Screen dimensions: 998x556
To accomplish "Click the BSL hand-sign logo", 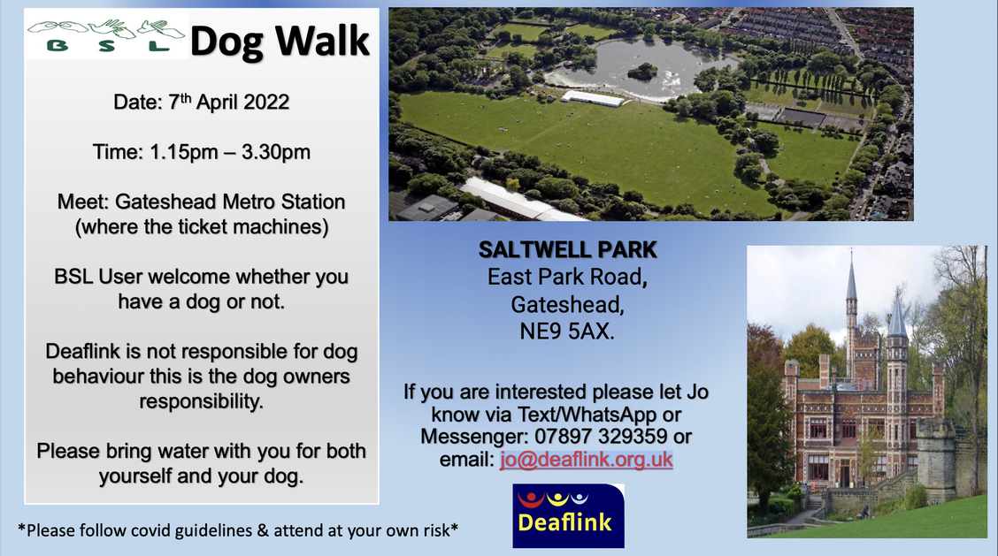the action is [105, 36].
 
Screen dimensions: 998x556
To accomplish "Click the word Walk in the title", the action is [322, 41].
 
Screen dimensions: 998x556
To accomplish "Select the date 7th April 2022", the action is [229, 102].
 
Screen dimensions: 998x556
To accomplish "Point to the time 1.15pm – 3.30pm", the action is [230, 152].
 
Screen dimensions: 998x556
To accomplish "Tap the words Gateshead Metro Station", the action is [230, 202].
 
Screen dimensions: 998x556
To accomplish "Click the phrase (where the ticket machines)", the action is [202, 227].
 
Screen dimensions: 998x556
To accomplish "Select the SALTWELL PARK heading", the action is [568, 250].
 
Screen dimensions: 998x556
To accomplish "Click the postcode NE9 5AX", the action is [567, 331].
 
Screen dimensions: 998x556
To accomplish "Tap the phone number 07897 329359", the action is [601, 437].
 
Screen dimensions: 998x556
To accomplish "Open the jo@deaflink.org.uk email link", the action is [587, 460].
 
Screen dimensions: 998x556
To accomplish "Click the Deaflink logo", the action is [568, 516].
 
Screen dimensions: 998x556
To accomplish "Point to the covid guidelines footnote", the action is [238, 529].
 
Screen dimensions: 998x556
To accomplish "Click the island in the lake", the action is [642, 71].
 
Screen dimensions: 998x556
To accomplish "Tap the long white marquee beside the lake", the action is [593, 99].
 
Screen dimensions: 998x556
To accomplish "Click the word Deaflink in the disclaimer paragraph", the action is [84, 351].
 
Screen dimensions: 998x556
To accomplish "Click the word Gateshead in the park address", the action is [567, 305].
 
